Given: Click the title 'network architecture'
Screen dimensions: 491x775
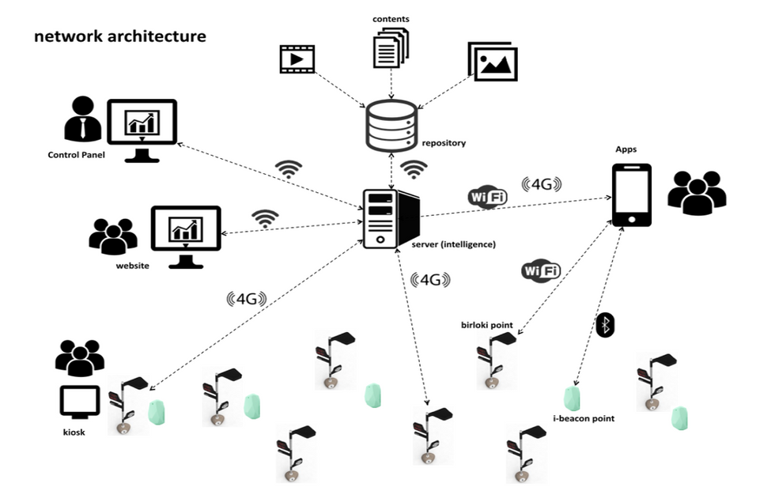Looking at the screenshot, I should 119,36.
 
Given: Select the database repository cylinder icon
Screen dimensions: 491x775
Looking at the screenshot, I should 391,126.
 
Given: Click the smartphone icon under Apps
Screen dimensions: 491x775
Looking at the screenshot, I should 632,195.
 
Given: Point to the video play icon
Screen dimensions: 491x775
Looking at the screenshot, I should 297,59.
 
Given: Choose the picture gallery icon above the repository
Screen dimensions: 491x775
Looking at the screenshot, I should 493,62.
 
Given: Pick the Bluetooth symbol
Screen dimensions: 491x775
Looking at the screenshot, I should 605,324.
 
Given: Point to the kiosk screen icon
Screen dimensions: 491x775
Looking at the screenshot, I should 80,402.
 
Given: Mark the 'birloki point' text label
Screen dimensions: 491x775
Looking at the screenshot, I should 487,324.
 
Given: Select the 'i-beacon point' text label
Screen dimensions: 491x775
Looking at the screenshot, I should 584,418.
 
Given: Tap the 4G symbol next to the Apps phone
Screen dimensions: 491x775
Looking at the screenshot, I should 542,185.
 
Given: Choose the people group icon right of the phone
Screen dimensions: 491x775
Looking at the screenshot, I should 697,192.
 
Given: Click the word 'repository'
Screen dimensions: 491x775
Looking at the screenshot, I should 444,143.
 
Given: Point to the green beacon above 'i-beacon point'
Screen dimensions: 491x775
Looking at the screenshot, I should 572,398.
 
